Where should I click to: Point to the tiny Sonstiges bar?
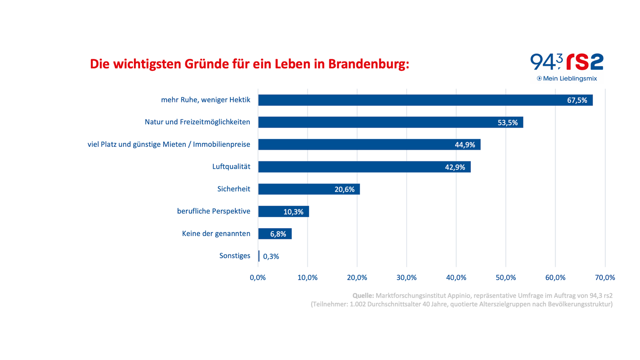click(x=259, y=256)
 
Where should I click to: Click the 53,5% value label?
click(x=508, y=123)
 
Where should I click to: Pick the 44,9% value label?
click(x=465, y=145)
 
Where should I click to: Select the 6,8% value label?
click(x=278, y=234)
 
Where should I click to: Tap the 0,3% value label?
click(x=271, y=256)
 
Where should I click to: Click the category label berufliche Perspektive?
click(x=214, y=211)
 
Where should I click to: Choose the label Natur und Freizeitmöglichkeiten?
click(x=197, y=122)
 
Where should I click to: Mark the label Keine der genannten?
click(x=216, y=234)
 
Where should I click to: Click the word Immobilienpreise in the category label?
click(x=222, y=144)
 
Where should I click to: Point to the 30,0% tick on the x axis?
click(x=406, y=278)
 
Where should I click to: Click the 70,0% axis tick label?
click(x=605, y=278)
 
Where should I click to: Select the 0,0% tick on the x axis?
click(x=258, y=278)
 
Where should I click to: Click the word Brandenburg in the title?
click(x=368, y=64)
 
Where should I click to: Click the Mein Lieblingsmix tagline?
click(x=570, y=78)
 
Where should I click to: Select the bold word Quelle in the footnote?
click(x=363, y=296)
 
